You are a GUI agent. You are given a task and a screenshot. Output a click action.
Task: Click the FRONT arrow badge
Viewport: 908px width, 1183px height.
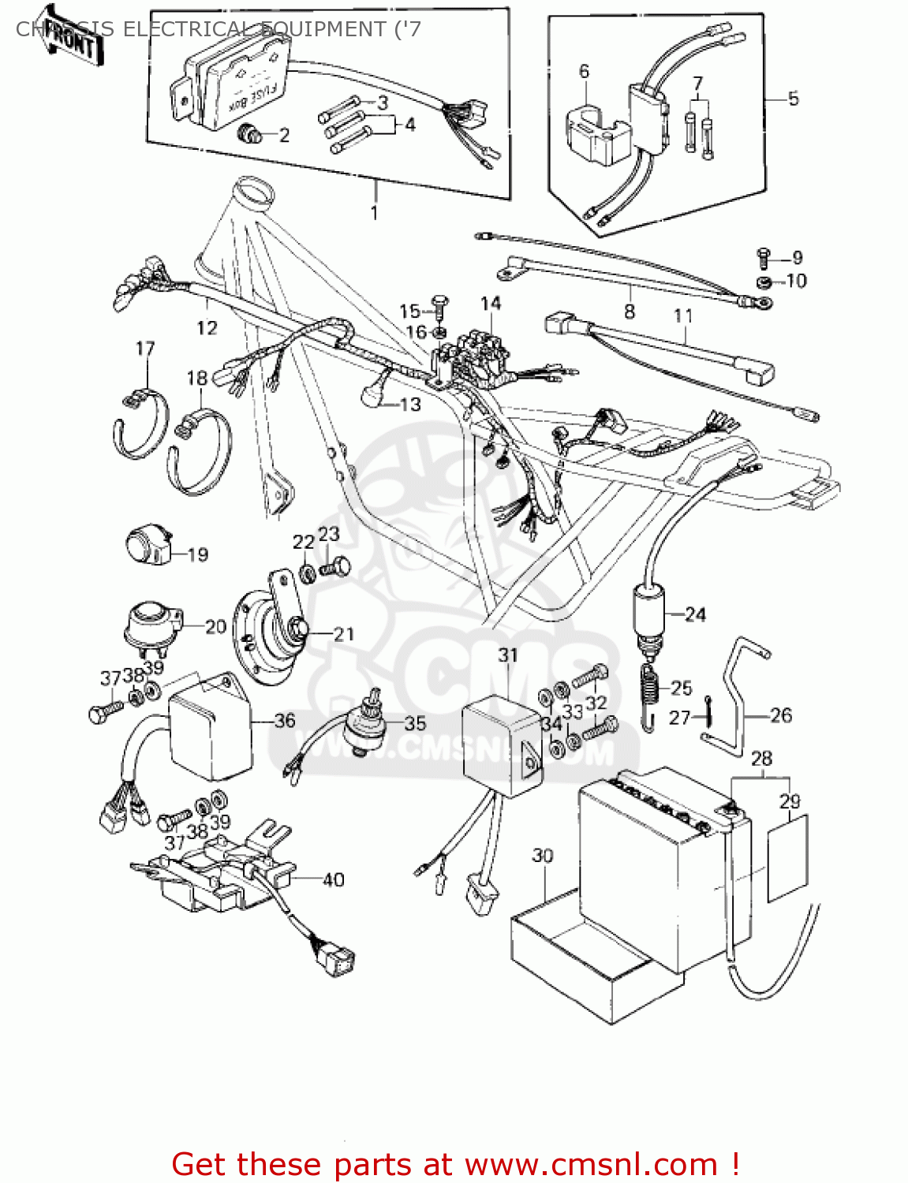click(71, 41)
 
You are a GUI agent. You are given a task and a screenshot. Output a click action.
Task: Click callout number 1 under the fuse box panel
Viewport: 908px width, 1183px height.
click(374, 212)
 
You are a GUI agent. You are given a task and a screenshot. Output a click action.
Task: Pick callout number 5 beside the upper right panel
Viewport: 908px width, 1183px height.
click(793, 99)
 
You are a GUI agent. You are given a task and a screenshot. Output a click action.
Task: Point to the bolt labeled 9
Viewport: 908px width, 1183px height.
click(763, 256)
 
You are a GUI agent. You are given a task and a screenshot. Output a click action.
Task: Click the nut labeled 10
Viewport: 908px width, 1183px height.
click(764, 282)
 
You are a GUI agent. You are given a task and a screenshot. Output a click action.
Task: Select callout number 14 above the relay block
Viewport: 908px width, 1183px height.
click(490, 304)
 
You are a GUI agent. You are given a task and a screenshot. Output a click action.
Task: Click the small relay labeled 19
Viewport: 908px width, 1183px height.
click(148, 547)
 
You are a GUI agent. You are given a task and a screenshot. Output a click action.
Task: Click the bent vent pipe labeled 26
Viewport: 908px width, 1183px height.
click(738, 694)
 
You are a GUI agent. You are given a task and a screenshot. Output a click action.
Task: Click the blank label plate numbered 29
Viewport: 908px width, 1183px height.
click(787, 858)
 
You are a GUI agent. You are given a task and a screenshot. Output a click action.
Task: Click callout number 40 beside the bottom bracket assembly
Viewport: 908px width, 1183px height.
click(334, 879)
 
